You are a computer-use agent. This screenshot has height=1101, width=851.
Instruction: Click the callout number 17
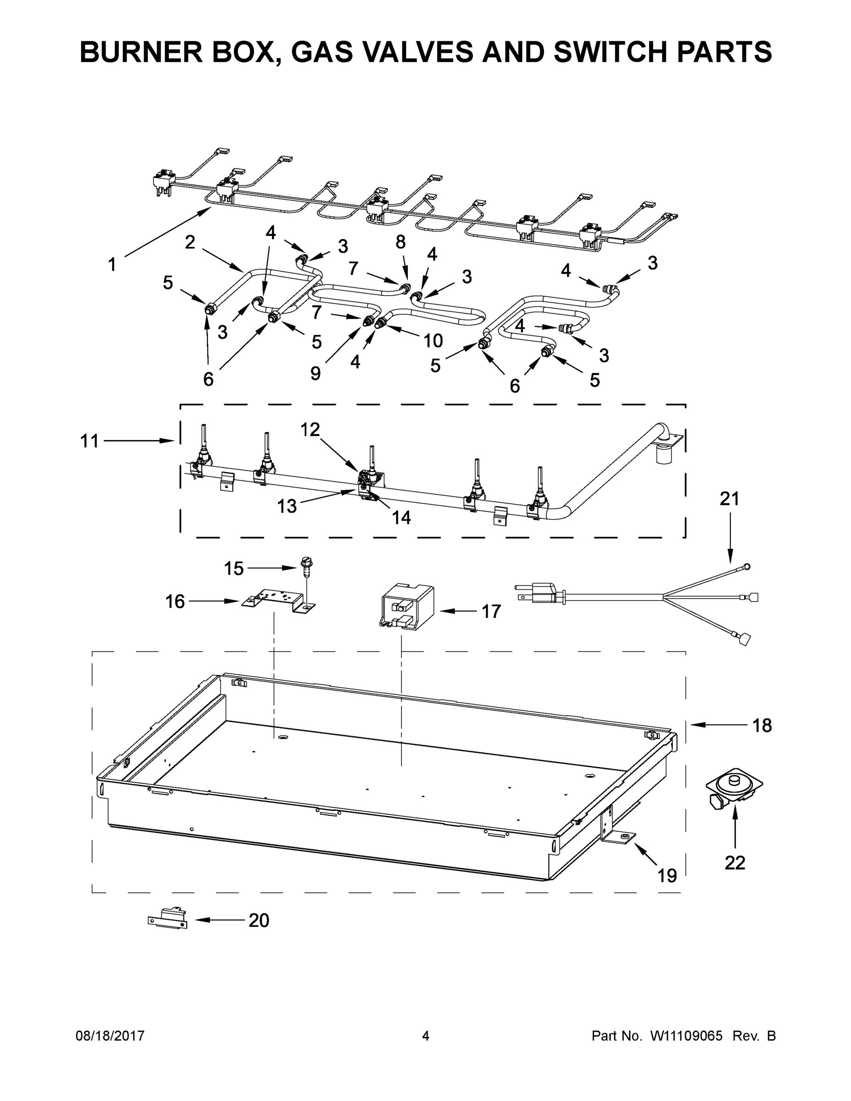pos(491,612)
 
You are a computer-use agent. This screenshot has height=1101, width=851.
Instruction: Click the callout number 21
pos(729,499)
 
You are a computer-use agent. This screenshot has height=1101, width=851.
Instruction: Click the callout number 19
pos(667,876)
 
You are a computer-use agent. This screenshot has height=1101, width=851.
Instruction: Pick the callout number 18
pos(762,725)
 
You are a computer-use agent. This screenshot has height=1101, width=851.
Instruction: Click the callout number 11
pos(90,441)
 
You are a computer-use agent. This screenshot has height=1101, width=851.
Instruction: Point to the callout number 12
pos(310,429)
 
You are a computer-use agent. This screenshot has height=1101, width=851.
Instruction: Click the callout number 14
pos(401,517)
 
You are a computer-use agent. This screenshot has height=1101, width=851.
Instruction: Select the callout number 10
pos(433,341)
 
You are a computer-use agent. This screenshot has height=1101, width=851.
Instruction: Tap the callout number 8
pos(400,242)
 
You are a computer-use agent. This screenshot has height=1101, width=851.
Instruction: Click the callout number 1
pos(112,264)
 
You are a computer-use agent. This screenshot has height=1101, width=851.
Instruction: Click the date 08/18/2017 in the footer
pos(110,1036)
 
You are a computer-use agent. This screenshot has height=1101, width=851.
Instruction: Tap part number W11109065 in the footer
pos(687,1036)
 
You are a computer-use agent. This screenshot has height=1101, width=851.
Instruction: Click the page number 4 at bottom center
pos(426,1036)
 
